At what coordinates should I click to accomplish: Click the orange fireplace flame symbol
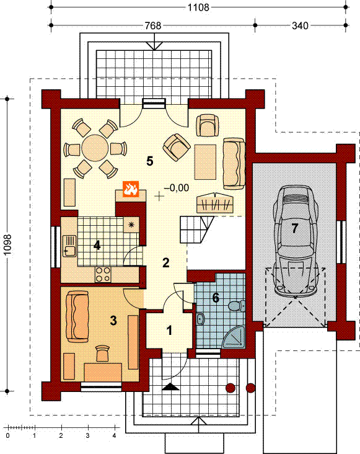click(131, 189)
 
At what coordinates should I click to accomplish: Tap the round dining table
click(95, 148)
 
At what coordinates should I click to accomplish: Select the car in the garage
click(296, 240)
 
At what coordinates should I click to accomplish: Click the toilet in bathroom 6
click(237, 306)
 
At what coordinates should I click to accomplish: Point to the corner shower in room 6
click(235, 337)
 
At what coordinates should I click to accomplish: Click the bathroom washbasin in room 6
click(200, 319)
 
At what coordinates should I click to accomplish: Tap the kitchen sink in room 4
click(69, 246)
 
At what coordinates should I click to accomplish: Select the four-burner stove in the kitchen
click(103, 274)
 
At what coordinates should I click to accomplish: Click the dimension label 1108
click(198, 7)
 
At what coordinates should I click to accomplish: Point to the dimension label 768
click(153, 25)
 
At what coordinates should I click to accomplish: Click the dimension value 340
click(300, 25)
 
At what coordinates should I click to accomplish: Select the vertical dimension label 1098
click(7, 244)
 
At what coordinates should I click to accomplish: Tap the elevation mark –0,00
click(177, 188)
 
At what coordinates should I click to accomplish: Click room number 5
click(149, 161)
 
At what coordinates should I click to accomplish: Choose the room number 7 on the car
click(295, 228)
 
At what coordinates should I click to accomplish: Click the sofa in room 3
click(77, 317)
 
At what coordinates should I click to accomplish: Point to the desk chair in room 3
click(103, 353)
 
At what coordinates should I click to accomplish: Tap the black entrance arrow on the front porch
click(171, 387)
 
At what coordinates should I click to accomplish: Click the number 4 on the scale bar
click(114, 435)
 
